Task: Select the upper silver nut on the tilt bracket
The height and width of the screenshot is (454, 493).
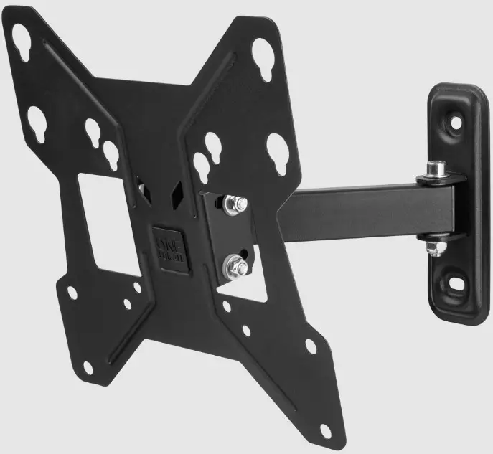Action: click(x=233, y=206)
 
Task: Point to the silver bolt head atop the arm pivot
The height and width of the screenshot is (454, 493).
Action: click(x=434, y=170)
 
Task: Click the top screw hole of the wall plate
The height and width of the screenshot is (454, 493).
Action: click(x=454, y=122)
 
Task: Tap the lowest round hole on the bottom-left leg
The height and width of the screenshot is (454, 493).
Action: click(x=88, y=368)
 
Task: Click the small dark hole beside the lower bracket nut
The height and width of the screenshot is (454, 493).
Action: click(x=248, y=251)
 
